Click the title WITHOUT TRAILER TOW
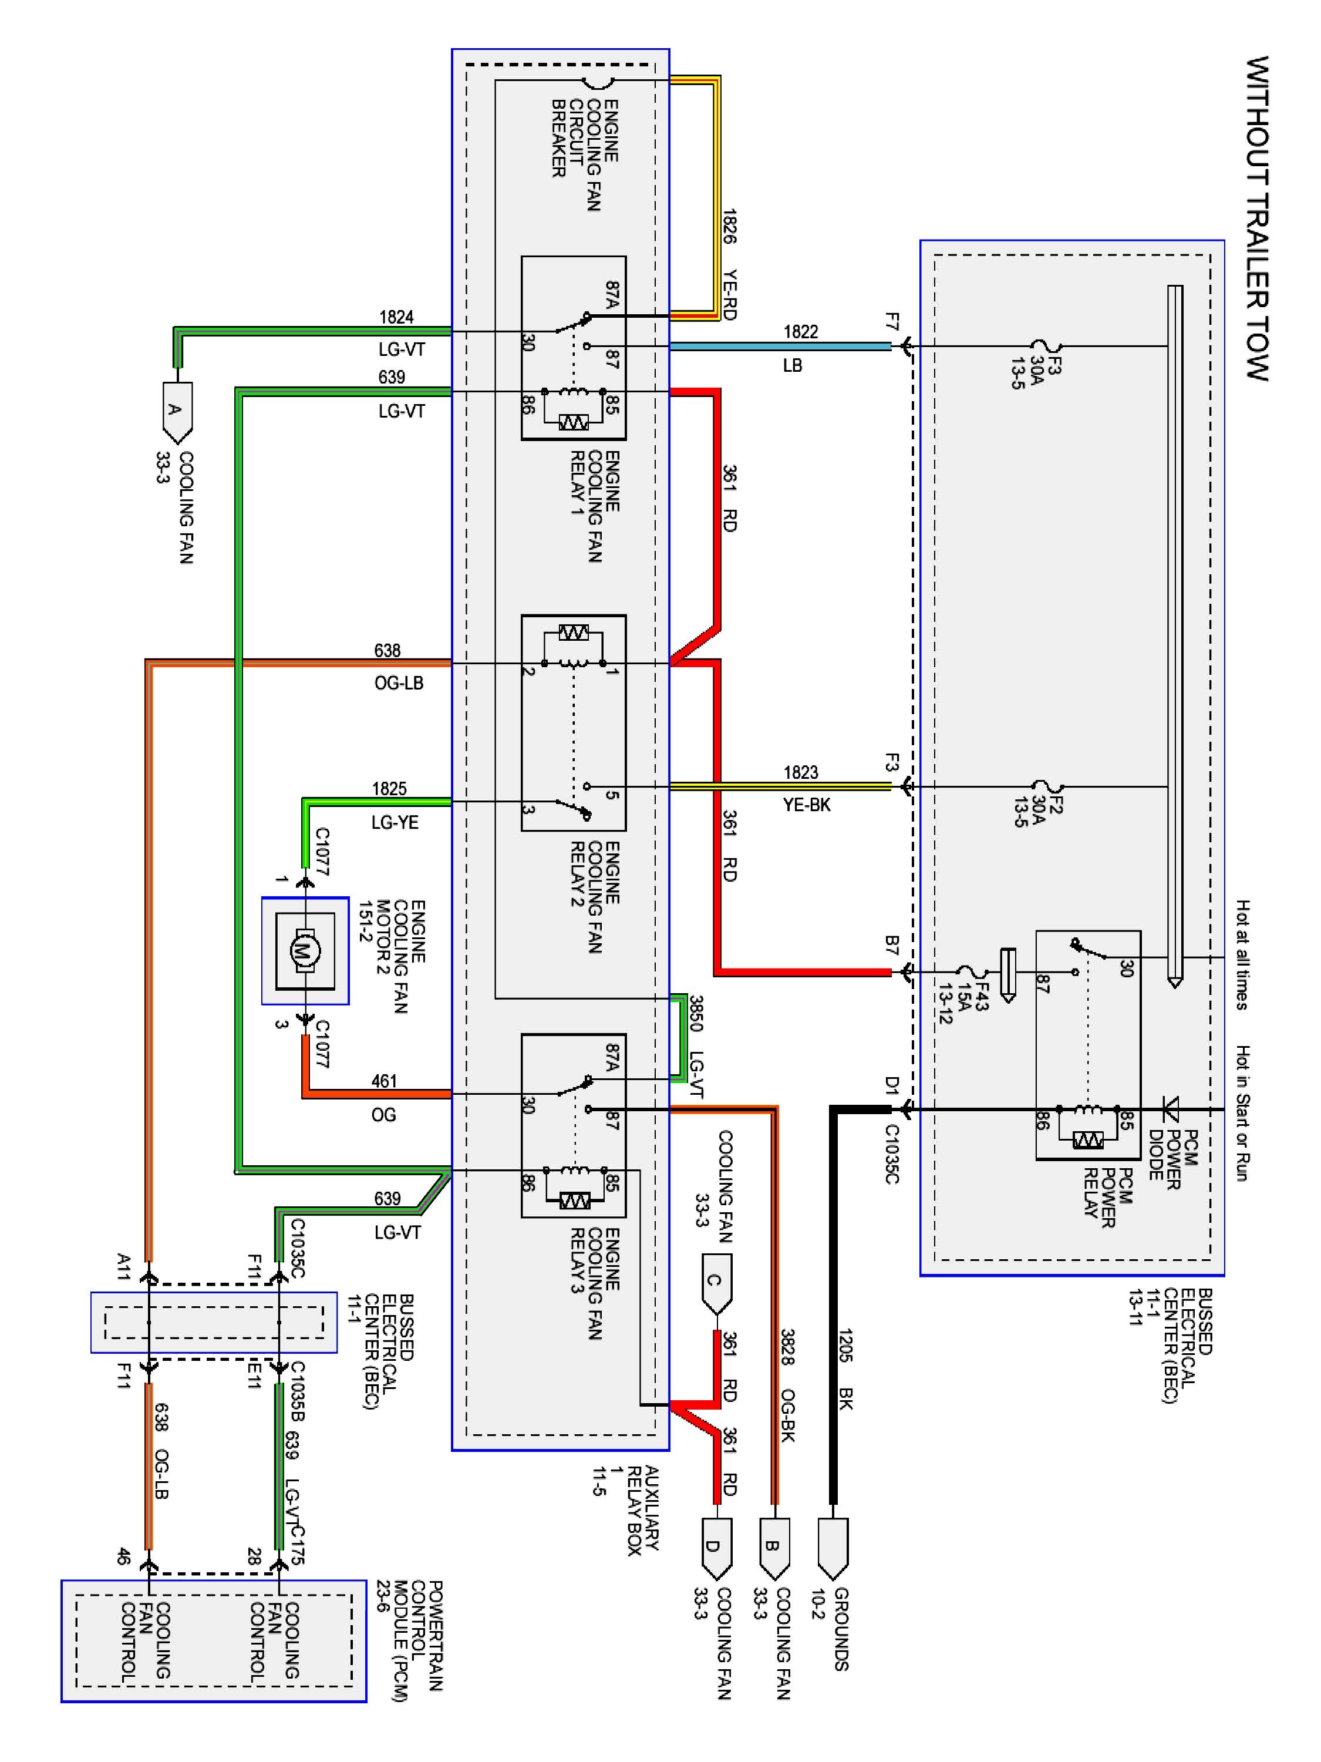pos(1256,219)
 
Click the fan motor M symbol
pos(301,950)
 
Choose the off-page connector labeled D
pos(716,1550)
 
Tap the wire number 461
pos(384,1081)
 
